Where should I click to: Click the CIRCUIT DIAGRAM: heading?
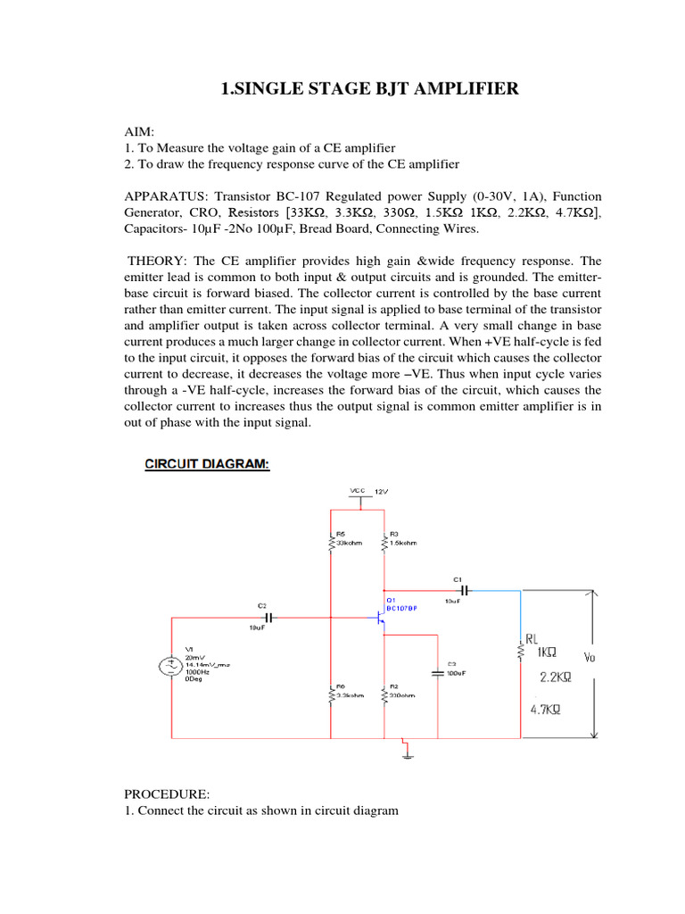(207, 465)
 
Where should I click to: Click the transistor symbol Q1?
(381, 616)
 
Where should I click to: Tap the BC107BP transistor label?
(402, 608)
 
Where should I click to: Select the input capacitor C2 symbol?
(267, 617)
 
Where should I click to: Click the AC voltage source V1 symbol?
(171, 666)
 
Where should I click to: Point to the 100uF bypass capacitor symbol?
(437, 673)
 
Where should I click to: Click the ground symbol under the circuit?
(408, 752)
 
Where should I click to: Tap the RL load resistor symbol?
(520, 652)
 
